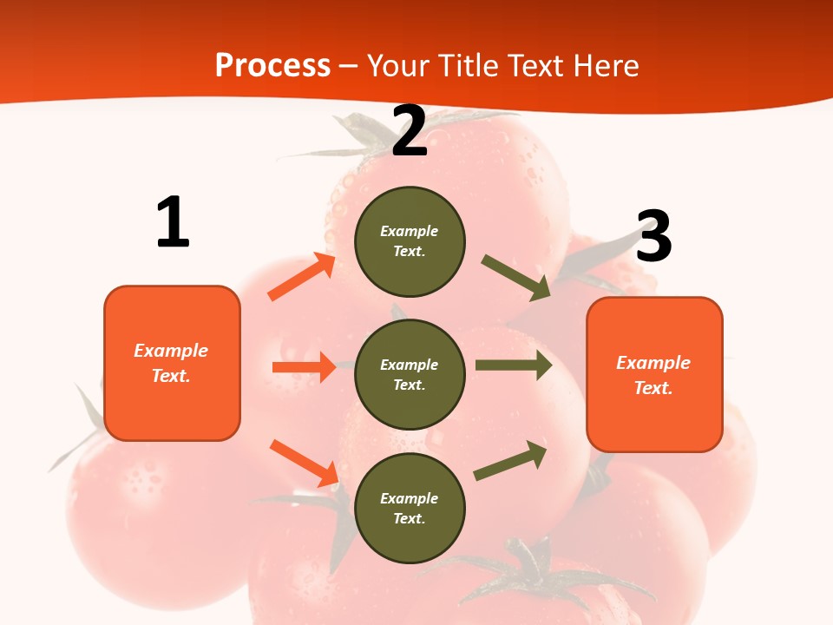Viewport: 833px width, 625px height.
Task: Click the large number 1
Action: coord(173,223)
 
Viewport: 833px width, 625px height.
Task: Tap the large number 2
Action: coord(410,132)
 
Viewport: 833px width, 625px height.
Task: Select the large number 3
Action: coord(653,237)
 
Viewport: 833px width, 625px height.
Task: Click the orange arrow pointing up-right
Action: coord(302,277)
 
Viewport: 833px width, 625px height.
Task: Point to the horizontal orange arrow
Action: coord(304,367)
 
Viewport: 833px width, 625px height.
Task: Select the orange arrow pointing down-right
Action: coord(305,463)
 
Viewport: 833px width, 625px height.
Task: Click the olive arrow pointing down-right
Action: coord(515,277)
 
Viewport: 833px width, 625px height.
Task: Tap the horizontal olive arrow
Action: coord(513,365)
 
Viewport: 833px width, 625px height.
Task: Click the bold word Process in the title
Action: coord(272,65)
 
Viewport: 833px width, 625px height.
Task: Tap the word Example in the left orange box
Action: coord(171,351)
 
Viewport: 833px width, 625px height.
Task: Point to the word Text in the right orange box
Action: coord(653,388)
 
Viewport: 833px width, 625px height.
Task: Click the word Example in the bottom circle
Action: coord(410,498)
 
